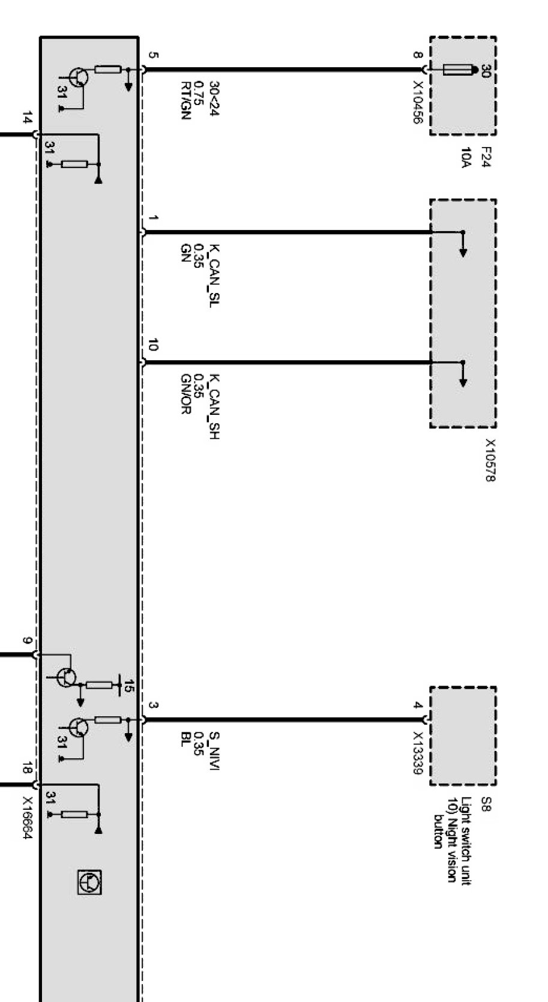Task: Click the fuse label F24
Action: (x=487, y=157)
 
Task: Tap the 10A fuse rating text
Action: (x=466, y=157)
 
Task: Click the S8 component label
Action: (x=487, y=804)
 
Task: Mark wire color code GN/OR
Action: (x=185, y=394)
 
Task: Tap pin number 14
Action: (x=26, y=118)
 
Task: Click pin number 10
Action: (x=152, y=345)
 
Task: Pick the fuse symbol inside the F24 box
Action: (x=459, y=70)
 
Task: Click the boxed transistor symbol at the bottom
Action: (x=89, y=882)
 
